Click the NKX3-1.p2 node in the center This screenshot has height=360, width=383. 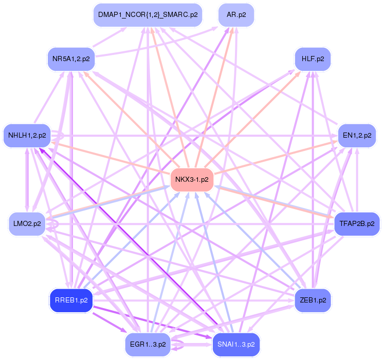(x=191, y=180)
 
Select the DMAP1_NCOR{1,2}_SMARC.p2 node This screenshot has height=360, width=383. (x=148, y=15)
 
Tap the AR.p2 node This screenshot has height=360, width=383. (x=236, y=15)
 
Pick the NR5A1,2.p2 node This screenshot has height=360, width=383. (x=71, y=59)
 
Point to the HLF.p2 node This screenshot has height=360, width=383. (x=313, y=59)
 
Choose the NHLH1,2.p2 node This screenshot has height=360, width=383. (x=27, y=136)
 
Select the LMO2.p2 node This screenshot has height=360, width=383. (x=27, y=223)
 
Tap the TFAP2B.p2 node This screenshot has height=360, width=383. (x=356, y=223)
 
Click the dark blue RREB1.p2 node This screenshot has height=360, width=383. (x=71, y=300)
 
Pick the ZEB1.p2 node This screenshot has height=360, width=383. (x=313, y=300)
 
